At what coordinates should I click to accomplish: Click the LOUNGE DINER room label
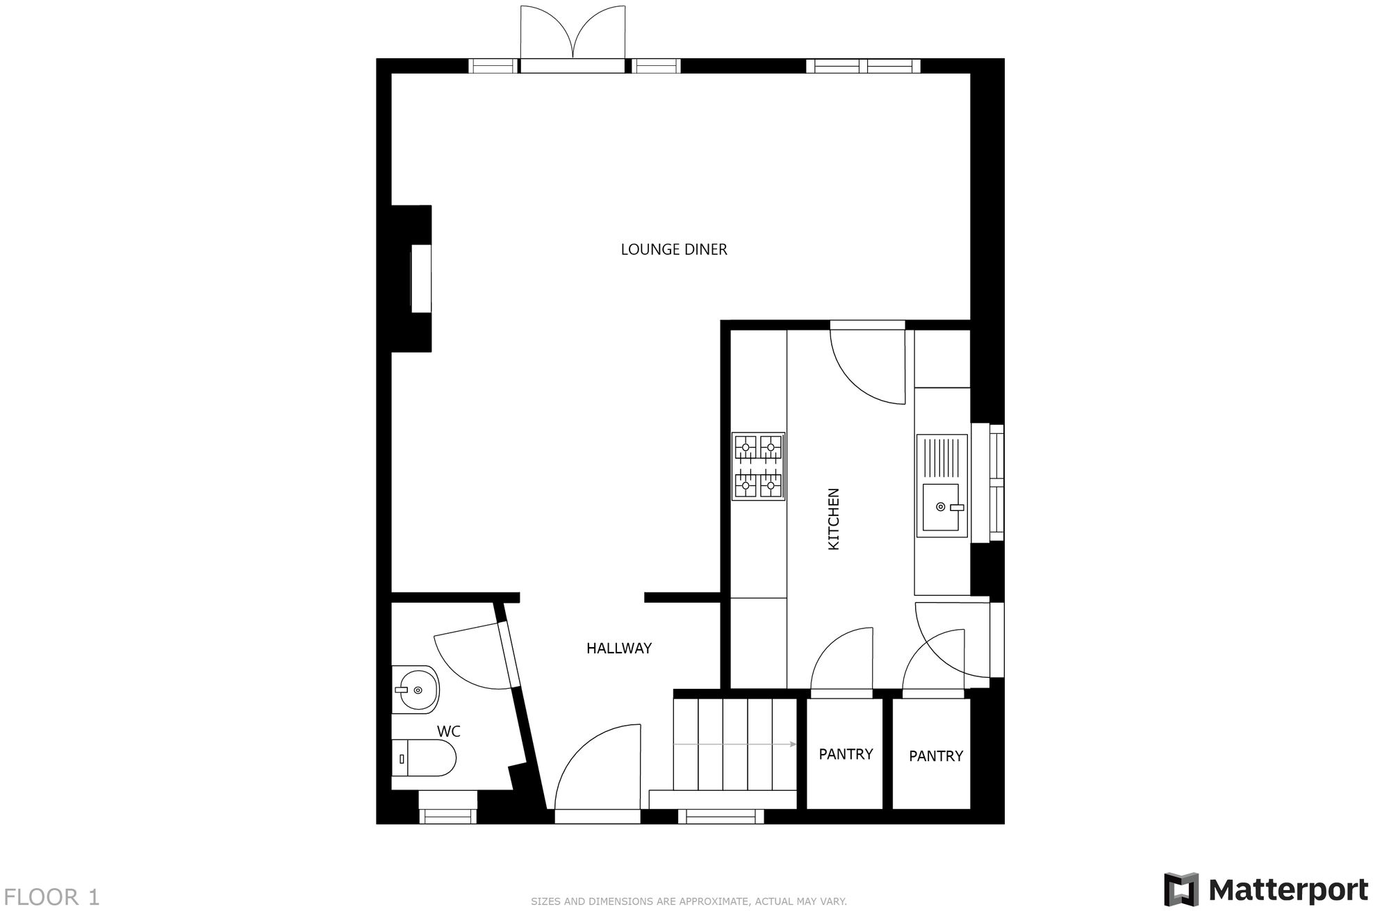[673, 249]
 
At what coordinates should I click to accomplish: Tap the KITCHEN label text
[834, 519]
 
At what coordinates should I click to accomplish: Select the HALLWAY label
[618, 649]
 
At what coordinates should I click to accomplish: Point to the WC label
[448, 731]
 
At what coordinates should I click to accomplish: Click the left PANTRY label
[845, 754]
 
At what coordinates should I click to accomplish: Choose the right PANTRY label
[935, 756]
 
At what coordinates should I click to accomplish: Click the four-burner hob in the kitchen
[758, 467]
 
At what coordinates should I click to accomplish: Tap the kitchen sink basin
[940, 507]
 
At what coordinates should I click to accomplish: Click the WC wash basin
[416, 689]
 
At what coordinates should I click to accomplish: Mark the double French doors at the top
[573, 35]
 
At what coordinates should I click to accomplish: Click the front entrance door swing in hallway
[598, 767]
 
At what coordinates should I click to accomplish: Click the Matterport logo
[1265, 889]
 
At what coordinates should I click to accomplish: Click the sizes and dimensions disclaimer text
[688, 901]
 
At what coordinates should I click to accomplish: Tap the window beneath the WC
[447, 817]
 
